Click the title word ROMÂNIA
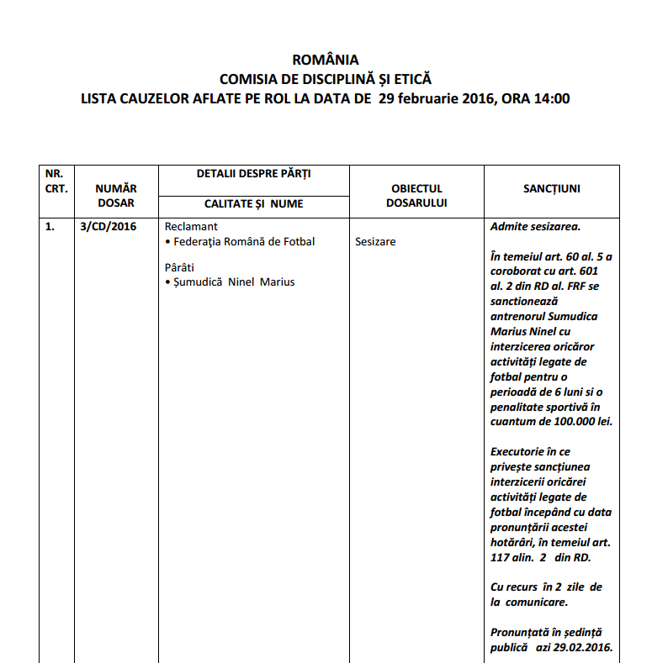pyautogui.click(x=325, y=60)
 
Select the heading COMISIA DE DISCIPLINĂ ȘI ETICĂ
pyautogui.click(x=325, y=79)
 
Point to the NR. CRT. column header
pyautogui.click(x=56, y=181)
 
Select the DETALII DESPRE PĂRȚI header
pyautogui.click(x=253, y=173)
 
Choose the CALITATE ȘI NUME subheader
pyautogui.click(x=253, y=203)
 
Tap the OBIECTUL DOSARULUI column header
pyautogui.click(x=416, y=196)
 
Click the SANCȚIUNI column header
pyautogui.click(x=551, y=189)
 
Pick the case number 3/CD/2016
pyautogui.click(x=108, y=226)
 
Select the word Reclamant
pyautogui.click(x=191, y=227)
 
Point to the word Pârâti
pyautogui.click(x=180, y=267)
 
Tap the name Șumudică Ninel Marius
pyautogui.click(x=233, y=282)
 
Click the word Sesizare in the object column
pyautogui.click(x=375, y=241)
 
